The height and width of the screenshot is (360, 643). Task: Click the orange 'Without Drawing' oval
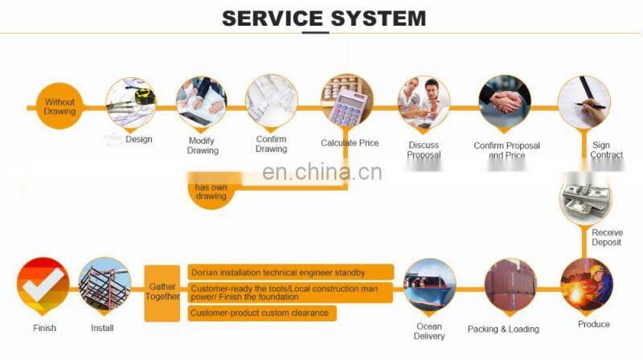(59, 107)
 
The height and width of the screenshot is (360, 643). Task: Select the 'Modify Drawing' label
(203, 145)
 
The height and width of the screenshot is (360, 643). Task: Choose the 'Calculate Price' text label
(350, 143)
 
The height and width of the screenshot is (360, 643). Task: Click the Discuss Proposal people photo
(424, 102)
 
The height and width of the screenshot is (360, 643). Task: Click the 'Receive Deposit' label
(608, 238)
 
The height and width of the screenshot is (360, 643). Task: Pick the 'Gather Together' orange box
(162, 292)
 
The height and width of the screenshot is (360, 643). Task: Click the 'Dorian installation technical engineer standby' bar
(290, 272)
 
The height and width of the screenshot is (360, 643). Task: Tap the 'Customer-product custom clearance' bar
(262, 313)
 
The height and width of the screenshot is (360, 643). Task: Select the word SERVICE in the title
(272, 18)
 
